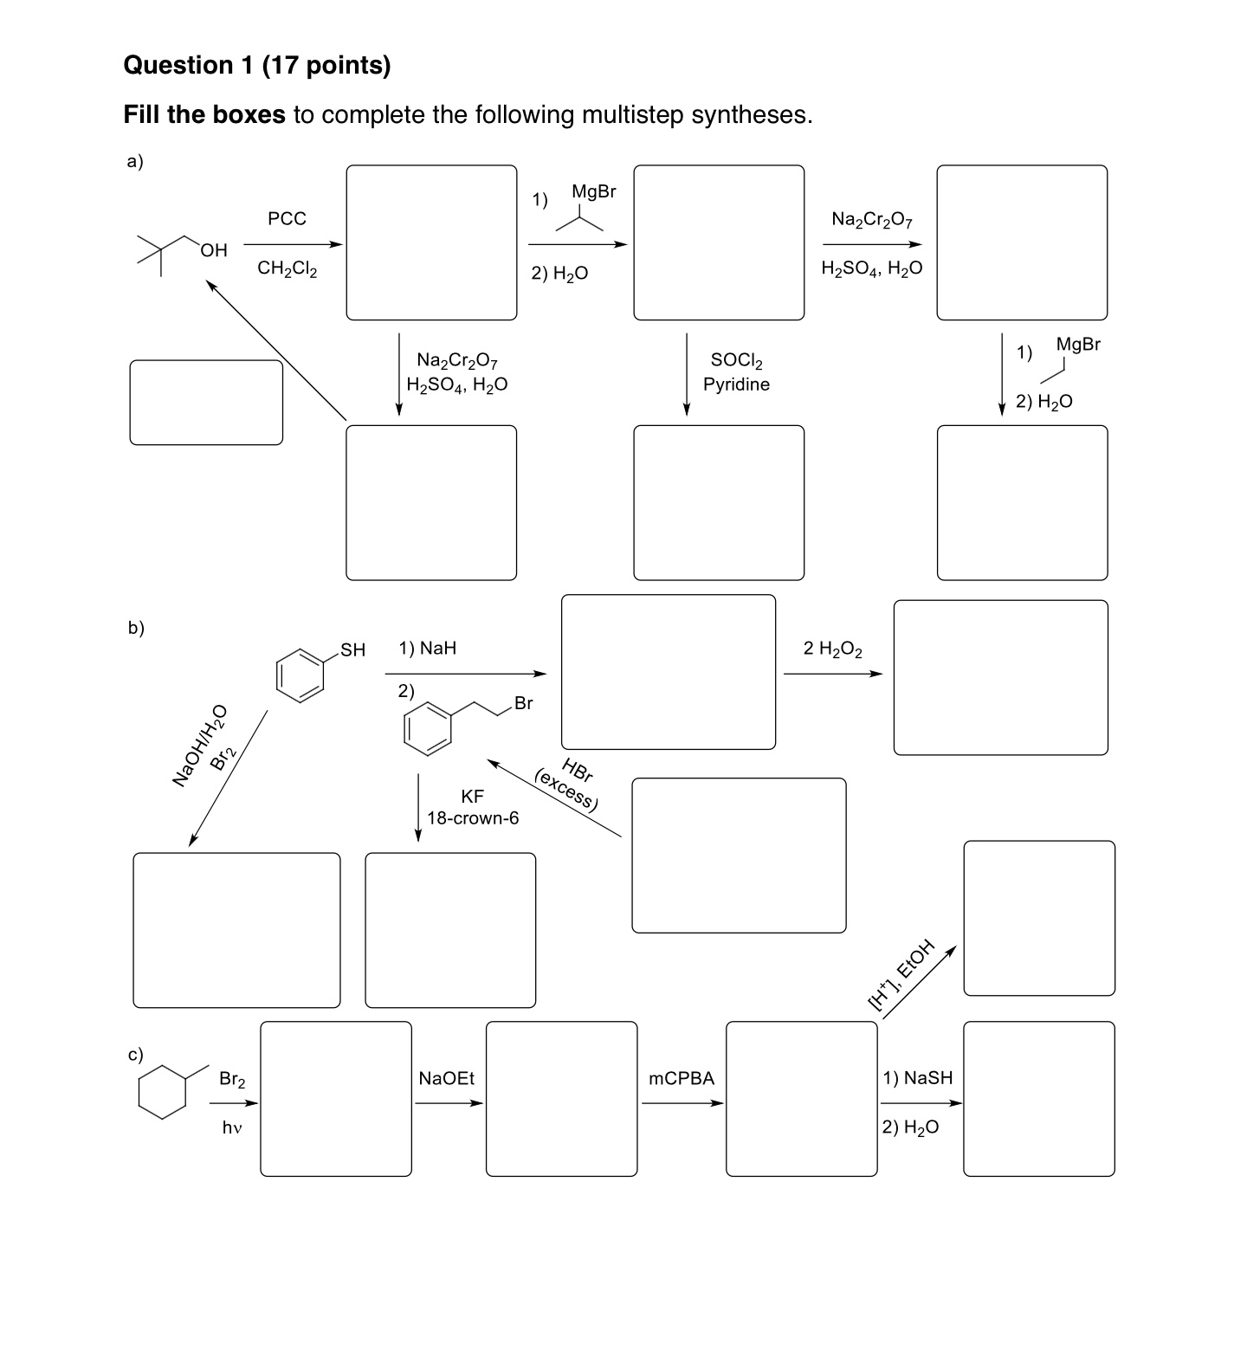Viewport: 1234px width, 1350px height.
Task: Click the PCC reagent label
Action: pos(287,219)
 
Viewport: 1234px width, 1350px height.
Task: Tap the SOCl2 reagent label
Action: pos(736,359)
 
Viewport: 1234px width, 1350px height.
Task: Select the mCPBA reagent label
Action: pos(682,1078)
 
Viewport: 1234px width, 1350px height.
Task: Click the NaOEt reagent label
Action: pos(446,1078)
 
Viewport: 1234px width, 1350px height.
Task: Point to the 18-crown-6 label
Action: pos(473,818)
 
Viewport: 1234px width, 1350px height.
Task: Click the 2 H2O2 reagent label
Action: pos(832,649)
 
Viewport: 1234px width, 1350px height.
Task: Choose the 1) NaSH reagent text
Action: pos(917,1077)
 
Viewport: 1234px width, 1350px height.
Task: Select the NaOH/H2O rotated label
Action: pos(199,745)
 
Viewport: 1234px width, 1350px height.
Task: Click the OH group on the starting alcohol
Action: pos(214,250)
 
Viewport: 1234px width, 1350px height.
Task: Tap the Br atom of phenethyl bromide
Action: pos(523,703)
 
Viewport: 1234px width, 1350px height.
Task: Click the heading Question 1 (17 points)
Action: pos(257,65)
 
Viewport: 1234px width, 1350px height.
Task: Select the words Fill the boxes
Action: pos(204,114)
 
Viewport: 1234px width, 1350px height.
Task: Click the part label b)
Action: pos(136,628)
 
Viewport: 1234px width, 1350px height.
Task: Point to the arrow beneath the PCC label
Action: pos(293,244)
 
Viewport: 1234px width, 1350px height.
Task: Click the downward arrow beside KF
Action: pos(418,806)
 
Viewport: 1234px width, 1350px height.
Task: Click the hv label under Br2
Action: pos(231,1127)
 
